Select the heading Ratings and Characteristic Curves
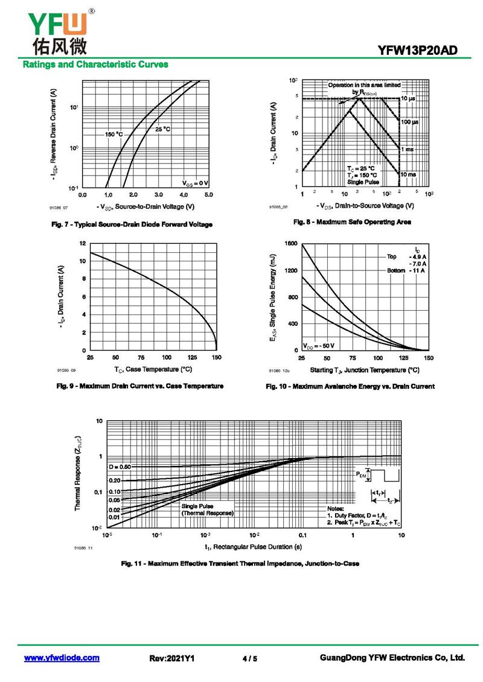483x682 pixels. (x=95, y=65)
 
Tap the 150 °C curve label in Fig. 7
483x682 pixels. (x=114, y=134)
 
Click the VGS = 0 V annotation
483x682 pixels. (x=196, y=182)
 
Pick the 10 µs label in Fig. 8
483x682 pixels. (x=408, y=98)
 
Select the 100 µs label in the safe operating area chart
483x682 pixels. (x=410, y=122)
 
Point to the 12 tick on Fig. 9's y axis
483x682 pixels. (x=83, y=243)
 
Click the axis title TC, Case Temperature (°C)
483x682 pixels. (x=153, y=369)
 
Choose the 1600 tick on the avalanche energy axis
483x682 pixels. (x=291, y=243)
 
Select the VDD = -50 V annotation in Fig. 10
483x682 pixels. (x=319, y=346)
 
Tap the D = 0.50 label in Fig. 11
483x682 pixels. (x=120, y=467)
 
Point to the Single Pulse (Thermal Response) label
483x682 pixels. (x=207, y=509)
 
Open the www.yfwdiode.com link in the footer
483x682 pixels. (x=62, y=658)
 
